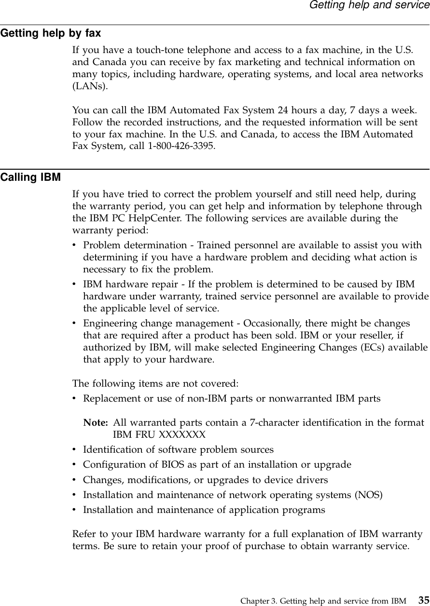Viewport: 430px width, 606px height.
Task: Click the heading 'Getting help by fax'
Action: pyautogui.click(x=51, y=34)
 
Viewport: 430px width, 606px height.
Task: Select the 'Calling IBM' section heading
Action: pyautogui.click(x=30, y=177)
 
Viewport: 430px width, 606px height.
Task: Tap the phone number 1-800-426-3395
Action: pyautogui.click(x=185, y=145)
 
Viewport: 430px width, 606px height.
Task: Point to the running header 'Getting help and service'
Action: pyautogui.click(x=369, y=5)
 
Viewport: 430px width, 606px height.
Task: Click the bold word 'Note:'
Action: pyautogui.click(x=96, y=423)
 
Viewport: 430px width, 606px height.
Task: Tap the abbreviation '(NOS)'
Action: pyautogui.click(x=369, y=495)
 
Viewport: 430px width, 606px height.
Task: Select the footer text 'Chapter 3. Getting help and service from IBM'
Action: pyautogui.click(x=323, y=601)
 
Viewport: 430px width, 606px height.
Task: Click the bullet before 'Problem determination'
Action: pyautogui.click(x=74, y=246)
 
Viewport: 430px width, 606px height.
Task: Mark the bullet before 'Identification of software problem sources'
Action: pyautogui.click(x=74, y=450)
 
